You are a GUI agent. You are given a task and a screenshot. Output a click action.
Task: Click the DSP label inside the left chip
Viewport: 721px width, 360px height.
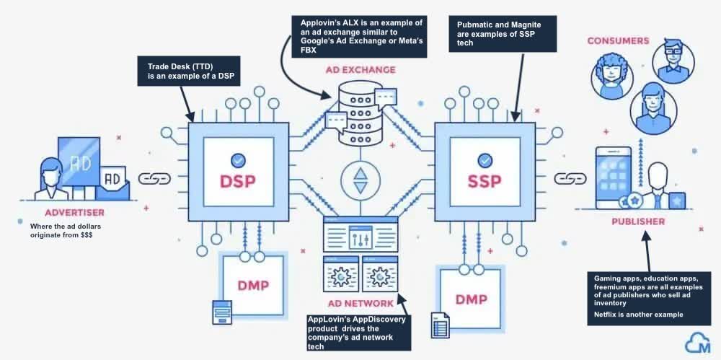(237, 180)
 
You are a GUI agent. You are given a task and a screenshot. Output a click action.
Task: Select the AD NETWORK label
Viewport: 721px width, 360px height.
(361, 304)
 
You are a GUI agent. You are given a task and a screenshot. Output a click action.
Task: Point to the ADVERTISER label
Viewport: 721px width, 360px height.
(74, 212)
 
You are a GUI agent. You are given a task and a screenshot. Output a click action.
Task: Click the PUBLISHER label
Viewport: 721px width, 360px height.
(637, 221)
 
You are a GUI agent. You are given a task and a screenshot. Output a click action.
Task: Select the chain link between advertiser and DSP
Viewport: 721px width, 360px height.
(154, 177)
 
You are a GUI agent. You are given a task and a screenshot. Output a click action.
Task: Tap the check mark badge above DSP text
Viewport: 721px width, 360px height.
(237, 159)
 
